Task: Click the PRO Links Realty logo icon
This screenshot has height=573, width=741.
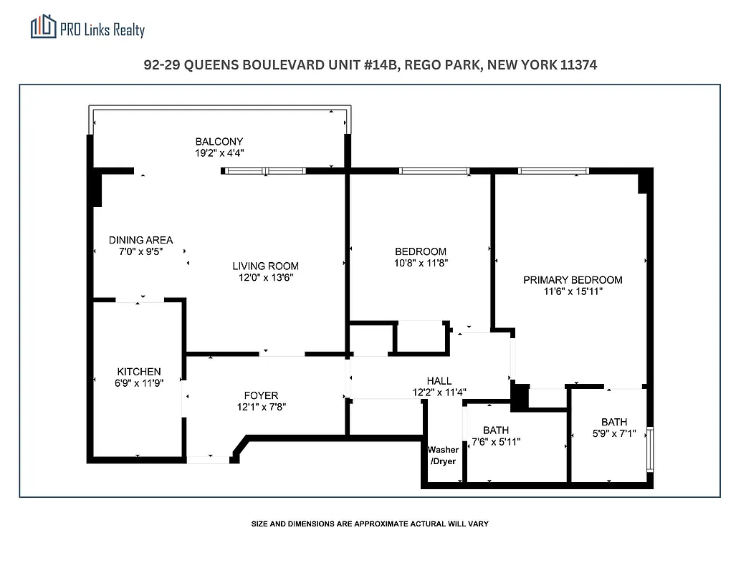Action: click(x=43, y=27)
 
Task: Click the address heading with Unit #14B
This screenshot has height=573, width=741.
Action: click(x=370, y=65)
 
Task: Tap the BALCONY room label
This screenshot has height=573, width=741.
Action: click(x=219, y=141)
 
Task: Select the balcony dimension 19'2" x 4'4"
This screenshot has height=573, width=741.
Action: click(x=219, y=153)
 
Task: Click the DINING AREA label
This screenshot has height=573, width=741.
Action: click(x=140, y=240)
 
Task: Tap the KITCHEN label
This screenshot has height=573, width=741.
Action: click(x=139, y=371)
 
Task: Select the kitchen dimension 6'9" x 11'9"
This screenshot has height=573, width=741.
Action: click(x=139, y=382)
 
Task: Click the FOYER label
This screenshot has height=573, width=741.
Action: click(x=261, y=395)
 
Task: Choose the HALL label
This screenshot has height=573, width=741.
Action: click(x=439, y=381)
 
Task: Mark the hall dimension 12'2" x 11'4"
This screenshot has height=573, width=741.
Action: click(x=439, y=392)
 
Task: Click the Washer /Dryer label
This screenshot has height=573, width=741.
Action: click(x=443, y=456)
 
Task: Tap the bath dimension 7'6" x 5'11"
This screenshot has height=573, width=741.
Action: click(x=495, y=442)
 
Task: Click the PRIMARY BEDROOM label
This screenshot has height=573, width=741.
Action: click(x=573, y=280)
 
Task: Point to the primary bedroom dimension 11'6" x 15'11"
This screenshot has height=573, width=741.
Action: click(x=573, y=292)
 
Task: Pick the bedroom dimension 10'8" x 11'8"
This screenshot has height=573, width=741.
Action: click(x=421, y=263)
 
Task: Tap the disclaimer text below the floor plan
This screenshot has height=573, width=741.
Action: click(x=370, y=524)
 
